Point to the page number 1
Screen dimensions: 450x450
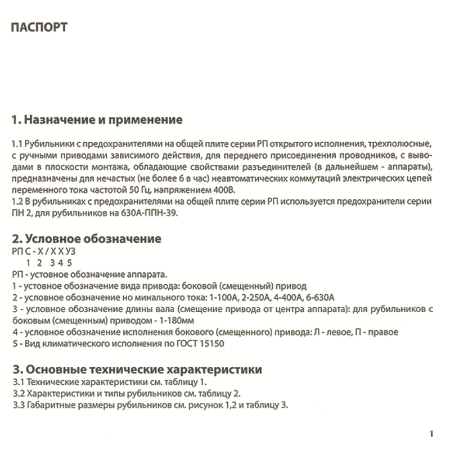(x=430, y=434)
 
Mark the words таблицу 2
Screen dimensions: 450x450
(x=224, y=393)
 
